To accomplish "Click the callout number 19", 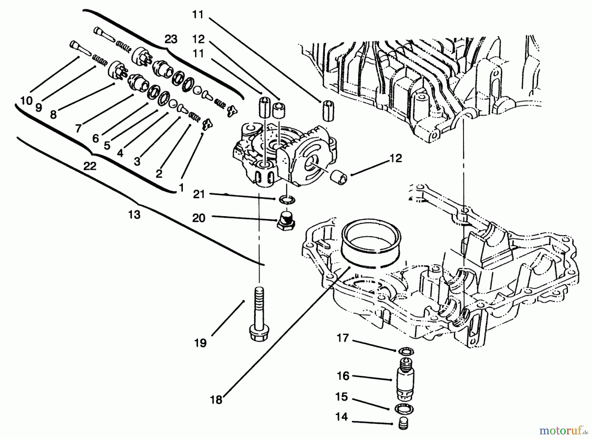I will (200, 343).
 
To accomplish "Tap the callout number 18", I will (216, 400).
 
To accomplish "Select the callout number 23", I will (171, 39).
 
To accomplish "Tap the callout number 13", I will (134, 215).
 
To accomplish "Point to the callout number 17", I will (343, 338).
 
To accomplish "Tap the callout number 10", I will (26, 101).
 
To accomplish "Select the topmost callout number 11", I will (198, 15).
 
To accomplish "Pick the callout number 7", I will (78, 128).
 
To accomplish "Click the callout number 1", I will (181, 188).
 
